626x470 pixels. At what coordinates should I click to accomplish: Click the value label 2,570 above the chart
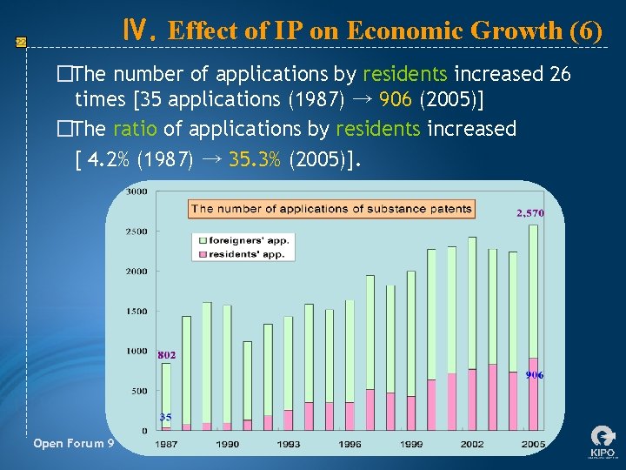[x=529, y=213]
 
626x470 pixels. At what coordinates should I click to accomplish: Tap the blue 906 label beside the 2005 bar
[x=534, y=375]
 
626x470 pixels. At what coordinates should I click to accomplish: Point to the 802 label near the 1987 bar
[x=167, y=355]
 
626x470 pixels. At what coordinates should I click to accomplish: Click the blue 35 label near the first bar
[x=165, y=417]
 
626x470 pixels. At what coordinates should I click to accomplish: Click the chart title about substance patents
[x=331, y=209]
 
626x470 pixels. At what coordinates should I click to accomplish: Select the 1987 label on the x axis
[x=168, y=444]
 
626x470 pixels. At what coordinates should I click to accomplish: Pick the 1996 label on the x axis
[x=350, y=444]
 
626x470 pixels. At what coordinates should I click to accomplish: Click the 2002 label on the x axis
[x=472, y=444]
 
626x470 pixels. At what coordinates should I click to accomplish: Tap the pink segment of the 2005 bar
[x=533, y=393]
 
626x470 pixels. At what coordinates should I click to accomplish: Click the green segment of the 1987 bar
[x=166, y=392]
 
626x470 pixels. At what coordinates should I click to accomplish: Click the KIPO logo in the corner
[x=602, y=441]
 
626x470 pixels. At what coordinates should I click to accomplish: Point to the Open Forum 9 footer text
[x=74, y=444]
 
